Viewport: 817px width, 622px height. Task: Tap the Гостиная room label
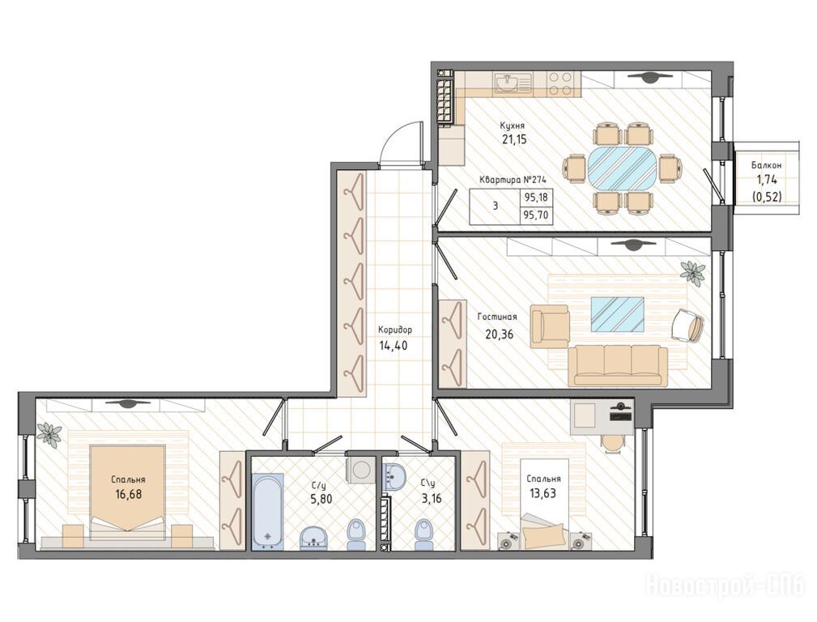pos(497,317)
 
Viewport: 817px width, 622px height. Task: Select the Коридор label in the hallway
pos(395,330)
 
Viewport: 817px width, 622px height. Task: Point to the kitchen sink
pos(513,83)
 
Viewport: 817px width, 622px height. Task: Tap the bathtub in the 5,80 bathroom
pos(268,512)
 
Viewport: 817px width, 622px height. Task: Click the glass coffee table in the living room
pos(618,314)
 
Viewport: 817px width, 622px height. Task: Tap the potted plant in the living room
pos(692,272)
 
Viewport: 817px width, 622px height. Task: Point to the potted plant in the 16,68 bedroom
pos(49,434)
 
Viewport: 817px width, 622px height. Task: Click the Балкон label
pos(766,164)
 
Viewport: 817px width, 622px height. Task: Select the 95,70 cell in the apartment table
pos(536,215)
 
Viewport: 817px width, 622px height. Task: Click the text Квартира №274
pos(513,180)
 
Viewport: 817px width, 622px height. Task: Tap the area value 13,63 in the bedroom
pos(543,493)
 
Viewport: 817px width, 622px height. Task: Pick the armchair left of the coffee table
pos(550,326)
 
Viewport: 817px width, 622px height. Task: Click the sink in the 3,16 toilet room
pos(395,475)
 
